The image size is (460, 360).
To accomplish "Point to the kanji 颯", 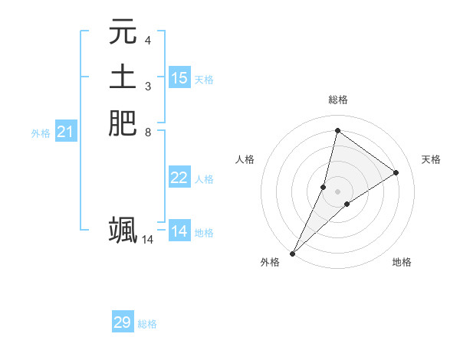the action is click(x=123, y=230).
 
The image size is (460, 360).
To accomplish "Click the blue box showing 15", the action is click(x=179, y=78).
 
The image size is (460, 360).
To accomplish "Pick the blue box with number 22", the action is click(x=179, y=178).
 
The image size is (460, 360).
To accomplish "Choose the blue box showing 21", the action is click(x=66, y=133).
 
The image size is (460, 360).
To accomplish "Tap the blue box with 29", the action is click(x=123, y=322).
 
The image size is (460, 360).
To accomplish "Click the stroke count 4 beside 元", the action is click(x=148, y=40).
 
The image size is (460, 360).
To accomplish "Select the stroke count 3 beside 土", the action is click(x=148, y=86).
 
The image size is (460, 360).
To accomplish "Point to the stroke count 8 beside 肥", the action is click(x=148, y=132).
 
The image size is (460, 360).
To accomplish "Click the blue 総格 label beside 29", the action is click(x=147, y=324).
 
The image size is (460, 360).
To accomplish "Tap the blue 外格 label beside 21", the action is click(x=41, y=133).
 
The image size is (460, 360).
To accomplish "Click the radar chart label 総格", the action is click(x=337, y=100).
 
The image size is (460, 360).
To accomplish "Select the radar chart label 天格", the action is click(x=432, y=159).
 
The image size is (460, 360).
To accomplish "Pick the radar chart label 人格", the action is click(x=245, y=159).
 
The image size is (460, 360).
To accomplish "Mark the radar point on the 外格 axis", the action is click(x=292, y=253).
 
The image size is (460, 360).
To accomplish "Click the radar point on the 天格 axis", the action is click(x=396, y=172).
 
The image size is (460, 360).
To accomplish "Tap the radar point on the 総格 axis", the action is click(x=337, y=131).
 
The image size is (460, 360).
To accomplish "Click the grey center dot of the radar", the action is click(x=337, y=191).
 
